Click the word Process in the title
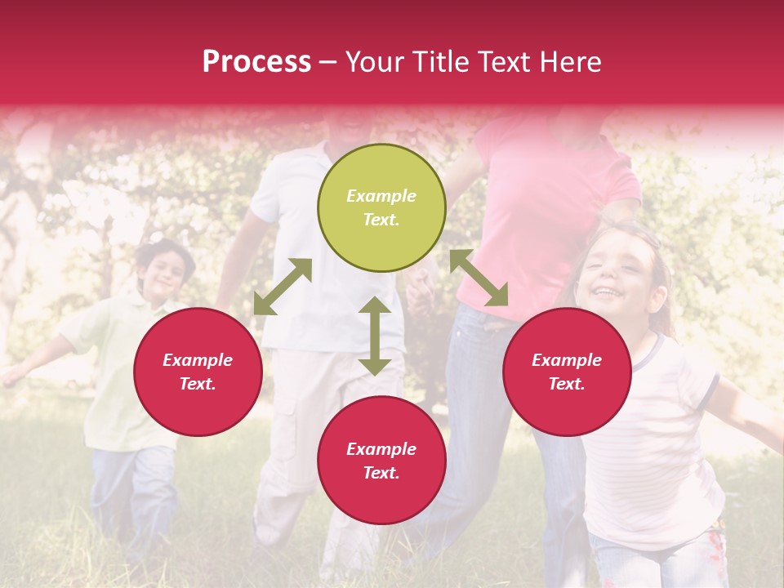point(256,62)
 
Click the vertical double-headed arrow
point(375,336)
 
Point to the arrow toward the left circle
point(283,287)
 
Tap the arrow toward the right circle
point(479,278)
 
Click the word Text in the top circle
point(381,220)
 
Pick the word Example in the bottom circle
point(381,449)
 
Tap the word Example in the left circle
point(198,360)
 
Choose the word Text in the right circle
point(565,384)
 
